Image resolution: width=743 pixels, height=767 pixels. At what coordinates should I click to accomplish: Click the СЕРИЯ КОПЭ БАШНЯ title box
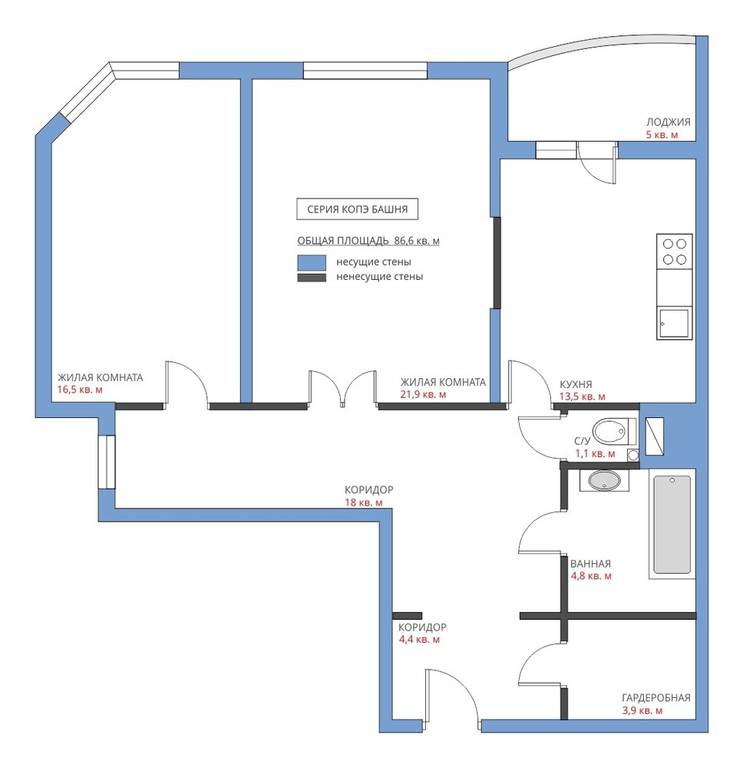[358, 209]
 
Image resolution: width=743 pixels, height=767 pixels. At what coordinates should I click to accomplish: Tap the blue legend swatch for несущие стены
[312, 262]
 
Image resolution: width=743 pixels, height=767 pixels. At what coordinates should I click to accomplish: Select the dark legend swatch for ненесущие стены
[312, 278]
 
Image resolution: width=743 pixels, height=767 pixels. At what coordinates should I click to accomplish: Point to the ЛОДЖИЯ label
[668, 122]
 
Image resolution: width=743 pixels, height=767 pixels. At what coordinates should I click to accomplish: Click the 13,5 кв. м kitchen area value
[582, 397]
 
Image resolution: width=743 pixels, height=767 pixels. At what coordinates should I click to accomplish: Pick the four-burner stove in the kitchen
[675, 252]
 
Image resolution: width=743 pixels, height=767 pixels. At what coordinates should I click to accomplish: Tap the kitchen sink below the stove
[675, 323]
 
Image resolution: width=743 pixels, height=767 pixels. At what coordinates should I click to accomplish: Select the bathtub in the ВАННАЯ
[672, 524]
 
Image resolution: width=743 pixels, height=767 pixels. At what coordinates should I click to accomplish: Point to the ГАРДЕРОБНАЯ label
[655, 697]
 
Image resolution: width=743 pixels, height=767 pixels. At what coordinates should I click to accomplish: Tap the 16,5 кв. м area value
[80, 390]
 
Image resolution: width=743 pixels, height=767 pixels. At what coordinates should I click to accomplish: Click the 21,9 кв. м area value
[423, 394]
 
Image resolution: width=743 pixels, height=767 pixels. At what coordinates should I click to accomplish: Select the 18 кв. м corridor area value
[364, 502]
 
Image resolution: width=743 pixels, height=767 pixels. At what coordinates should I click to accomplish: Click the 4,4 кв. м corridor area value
[419, 640]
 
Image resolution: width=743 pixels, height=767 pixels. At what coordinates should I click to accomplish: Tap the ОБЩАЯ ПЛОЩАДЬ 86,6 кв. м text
[368, 241]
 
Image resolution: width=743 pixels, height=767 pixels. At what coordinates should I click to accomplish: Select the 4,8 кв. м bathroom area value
[591, 576]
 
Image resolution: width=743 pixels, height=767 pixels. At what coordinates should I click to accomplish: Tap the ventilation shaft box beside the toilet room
[655, 436]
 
